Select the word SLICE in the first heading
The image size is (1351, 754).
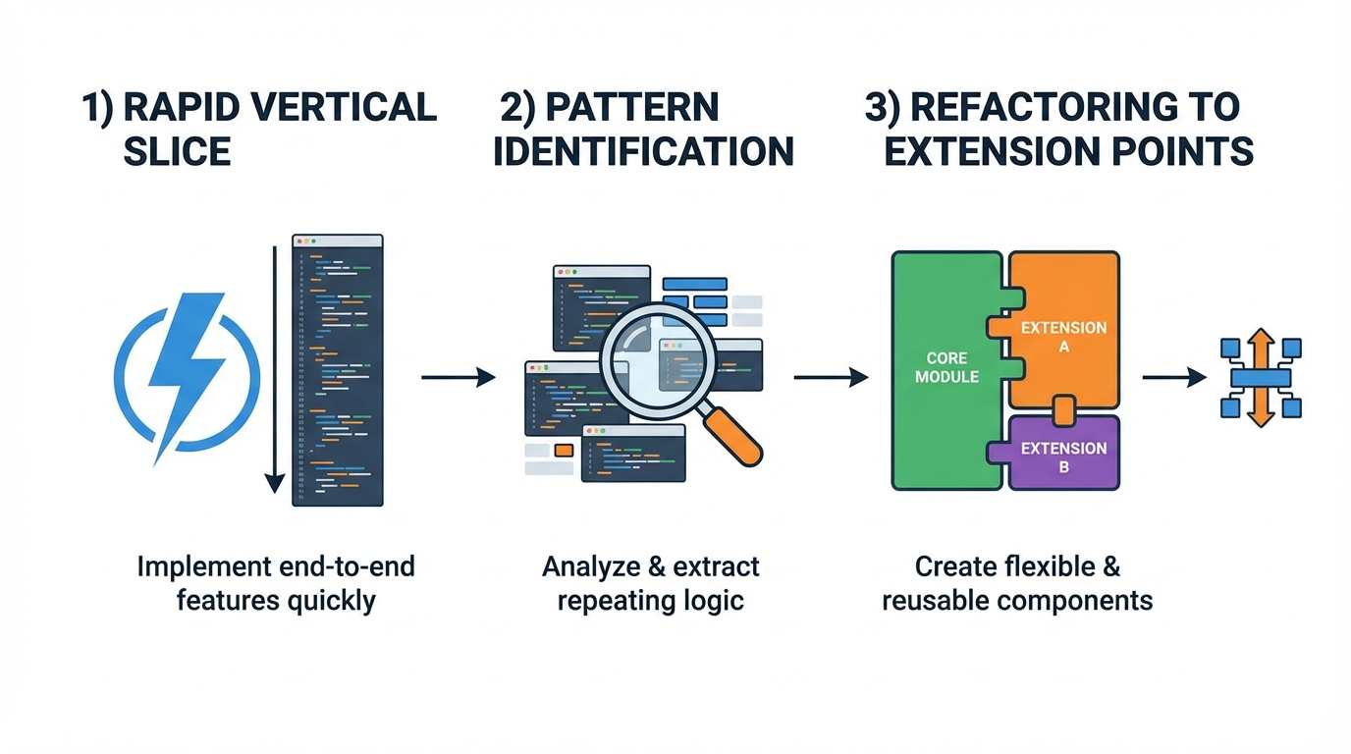[177, 151]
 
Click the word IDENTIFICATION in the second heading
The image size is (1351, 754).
[643, 151]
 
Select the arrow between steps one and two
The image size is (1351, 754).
[458, 377]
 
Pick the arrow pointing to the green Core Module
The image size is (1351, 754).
[830, 377]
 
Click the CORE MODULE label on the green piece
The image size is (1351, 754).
[946, 367]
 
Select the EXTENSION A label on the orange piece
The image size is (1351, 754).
[1063, 337]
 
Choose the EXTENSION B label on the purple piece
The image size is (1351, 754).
[1063, 458]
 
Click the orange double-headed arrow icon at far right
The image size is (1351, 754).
[1261, 377]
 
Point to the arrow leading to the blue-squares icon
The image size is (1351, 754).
[1173, 377]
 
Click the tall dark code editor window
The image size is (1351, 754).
[338, 370]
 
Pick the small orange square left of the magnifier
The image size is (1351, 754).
[564, 450]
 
